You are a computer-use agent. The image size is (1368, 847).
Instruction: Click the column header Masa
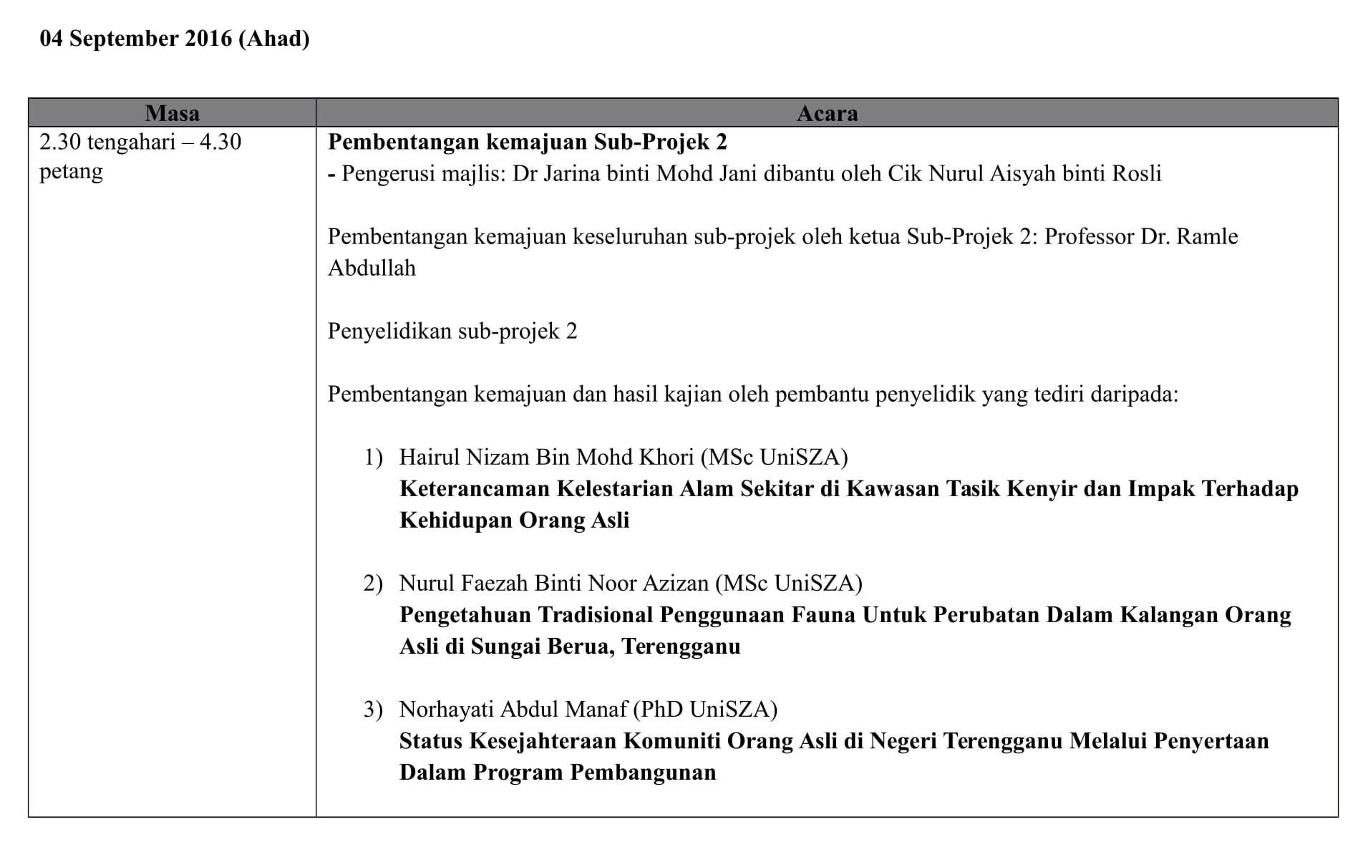pyautogui.click(x=172, y=113)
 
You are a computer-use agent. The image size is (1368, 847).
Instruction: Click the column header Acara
pyautogui.click(x=827, y=113)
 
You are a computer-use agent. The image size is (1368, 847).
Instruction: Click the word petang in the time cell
pyautogui.click(x=71, y=172)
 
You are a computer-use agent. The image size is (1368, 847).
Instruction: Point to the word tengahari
pyautogui.click(x=131, y=142)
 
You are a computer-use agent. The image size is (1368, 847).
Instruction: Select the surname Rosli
pyautogui.click(x=1136, y=173)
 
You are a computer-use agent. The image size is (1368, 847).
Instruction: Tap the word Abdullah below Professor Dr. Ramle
pyautogui.click(x=372, y=268)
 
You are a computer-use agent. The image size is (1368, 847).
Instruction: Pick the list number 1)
pyautogui.click(x=373, y=457)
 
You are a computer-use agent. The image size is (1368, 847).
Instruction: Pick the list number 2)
pyautogui.click(x=373, y=583)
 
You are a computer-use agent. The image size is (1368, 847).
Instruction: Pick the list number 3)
pyautogui.click(x=373, y=709)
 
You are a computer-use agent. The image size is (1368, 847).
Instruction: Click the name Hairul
pyautogui.click(x=430, y=457)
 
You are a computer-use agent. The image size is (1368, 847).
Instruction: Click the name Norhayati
pyautogui.click(x=446, y=709)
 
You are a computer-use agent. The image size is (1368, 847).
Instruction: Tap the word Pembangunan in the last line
pyautogui.click(x=643, y=772)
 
